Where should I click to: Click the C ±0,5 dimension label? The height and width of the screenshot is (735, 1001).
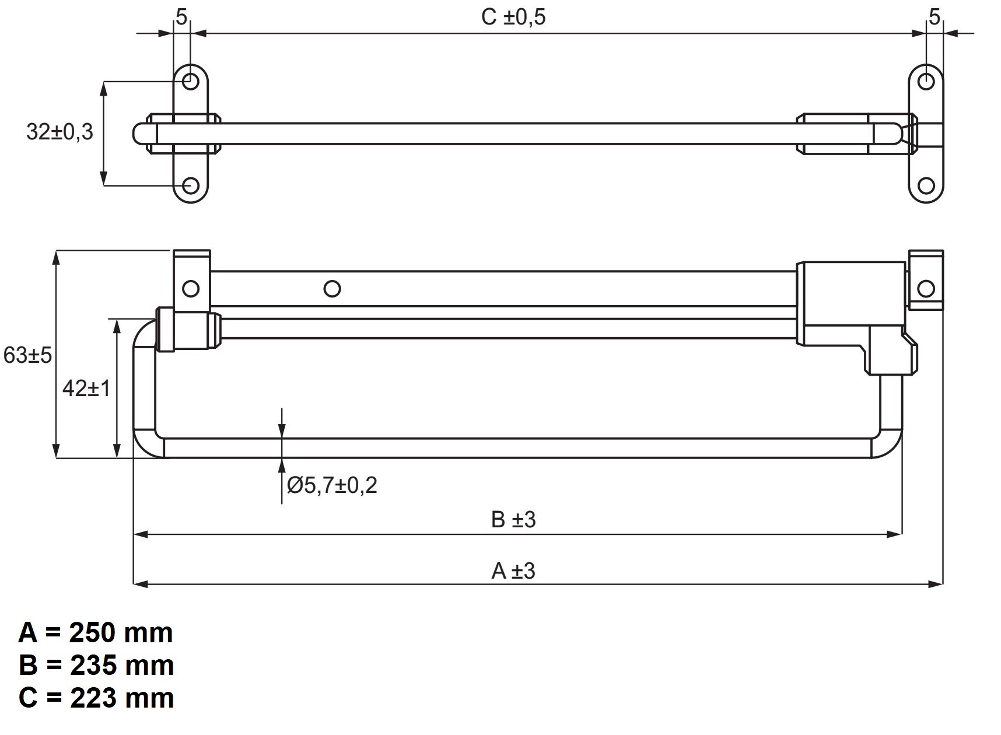tap(513, 17)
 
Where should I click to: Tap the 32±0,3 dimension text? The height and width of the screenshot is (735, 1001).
tap(60, 132)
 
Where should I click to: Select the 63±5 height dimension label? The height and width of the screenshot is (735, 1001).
tap(27, 355)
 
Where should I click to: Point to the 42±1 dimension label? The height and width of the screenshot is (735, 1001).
tap(86, 388)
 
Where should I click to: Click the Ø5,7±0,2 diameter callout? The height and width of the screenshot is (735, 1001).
tap(332, 485)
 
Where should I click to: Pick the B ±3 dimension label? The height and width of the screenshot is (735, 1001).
tap(513, 519)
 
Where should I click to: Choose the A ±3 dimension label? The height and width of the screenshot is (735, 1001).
tap(513, 570)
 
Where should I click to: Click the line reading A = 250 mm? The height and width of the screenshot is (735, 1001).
tap(96, 633)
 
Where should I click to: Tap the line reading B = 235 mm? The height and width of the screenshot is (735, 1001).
tap(96, 666)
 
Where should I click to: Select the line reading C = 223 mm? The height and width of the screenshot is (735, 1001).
tap(96, 698)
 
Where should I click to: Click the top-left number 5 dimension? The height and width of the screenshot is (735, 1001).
tap(181, 17)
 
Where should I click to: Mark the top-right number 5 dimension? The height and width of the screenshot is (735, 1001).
tap(935, 17)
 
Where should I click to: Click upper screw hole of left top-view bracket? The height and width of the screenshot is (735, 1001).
tap(191, 81)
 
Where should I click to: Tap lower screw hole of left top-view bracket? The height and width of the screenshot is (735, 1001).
tap(191, 186)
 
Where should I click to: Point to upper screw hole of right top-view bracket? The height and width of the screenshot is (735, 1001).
tap(926, 81)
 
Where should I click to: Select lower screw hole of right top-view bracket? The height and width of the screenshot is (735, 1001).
tap(926, 186)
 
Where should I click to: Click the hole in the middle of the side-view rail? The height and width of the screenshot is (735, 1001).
tap(332, 288)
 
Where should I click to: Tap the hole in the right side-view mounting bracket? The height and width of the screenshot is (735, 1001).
tap(926, 288)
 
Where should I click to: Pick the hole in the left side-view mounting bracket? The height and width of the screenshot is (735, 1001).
tap(191, 288)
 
